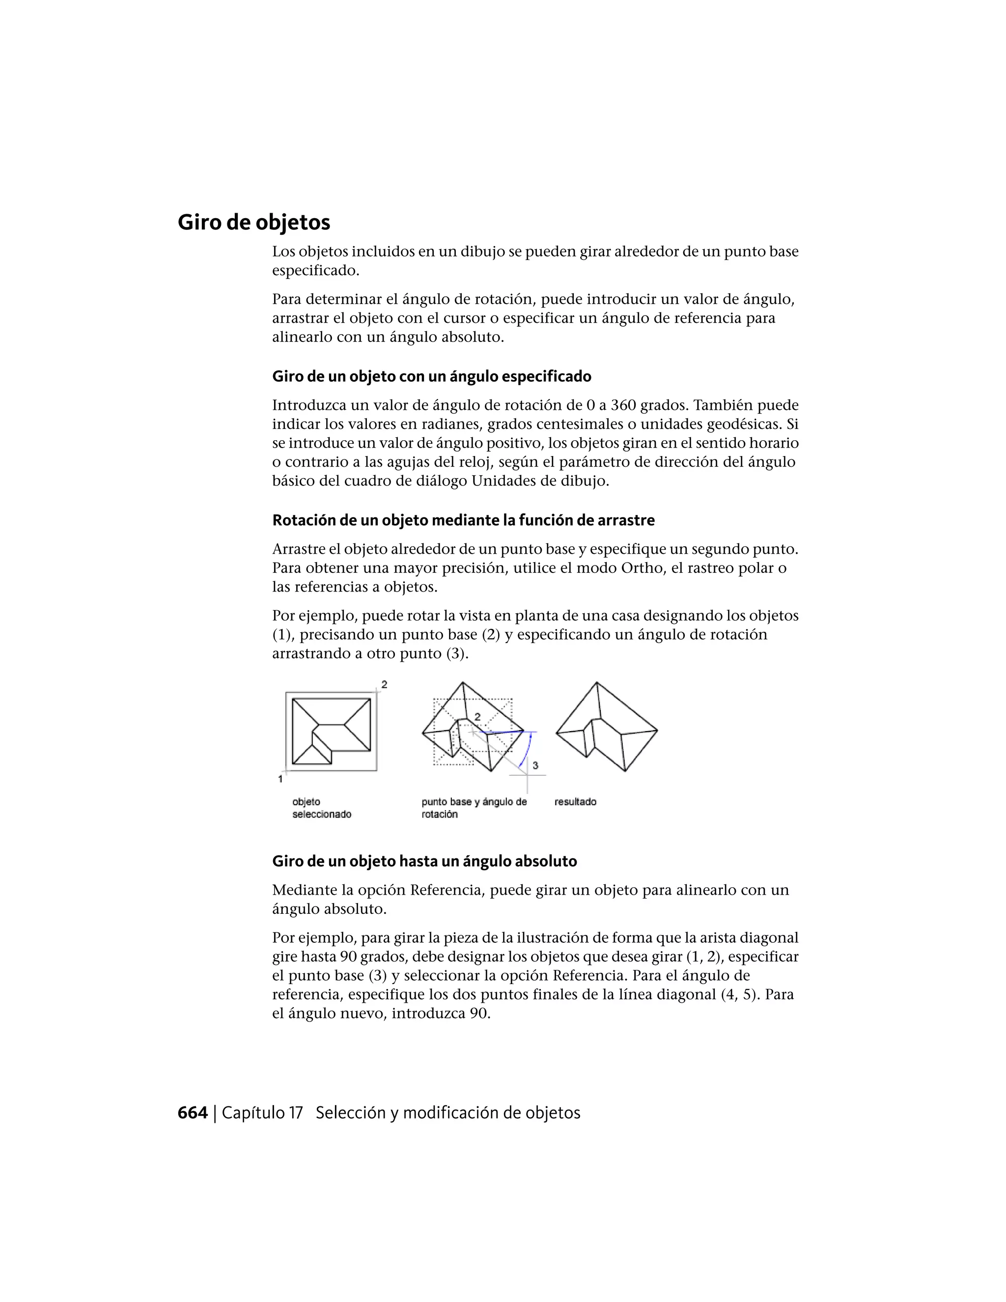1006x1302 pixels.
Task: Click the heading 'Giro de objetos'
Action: [x=254, y=223]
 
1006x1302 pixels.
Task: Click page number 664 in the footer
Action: [x=193, y=1112]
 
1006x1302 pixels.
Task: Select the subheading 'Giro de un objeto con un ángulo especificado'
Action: [x=431, y=376]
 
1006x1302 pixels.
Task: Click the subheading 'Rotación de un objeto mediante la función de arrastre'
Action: [x=463, y=520]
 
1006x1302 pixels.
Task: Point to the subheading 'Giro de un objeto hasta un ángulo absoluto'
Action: [x=424, y=861]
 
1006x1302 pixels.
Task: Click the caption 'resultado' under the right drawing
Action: [x=575, y=802]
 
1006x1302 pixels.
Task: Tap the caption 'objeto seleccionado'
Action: [x=321, y=808]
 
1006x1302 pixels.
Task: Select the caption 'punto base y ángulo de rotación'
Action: [x=474, y=808]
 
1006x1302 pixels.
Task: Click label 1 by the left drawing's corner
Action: [x=280, y=779]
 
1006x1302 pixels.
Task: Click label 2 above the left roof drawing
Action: [x=385, y=684]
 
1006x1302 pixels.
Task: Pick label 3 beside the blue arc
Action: [x=535, y=765]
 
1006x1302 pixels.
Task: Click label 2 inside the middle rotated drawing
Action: [x=477, y=717]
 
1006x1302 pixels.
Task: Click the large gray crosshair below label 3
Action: [x=527, y=774]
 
